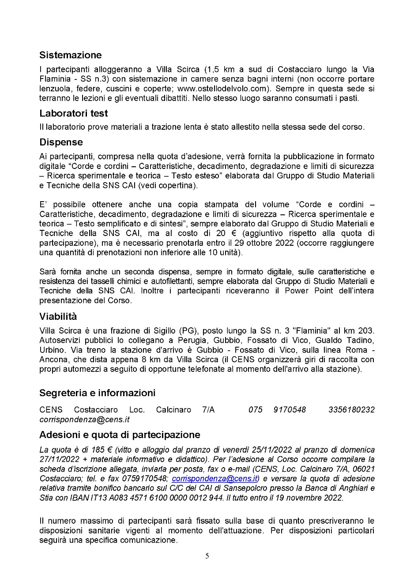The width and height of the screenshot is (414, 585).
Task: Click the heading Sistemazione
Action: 70,55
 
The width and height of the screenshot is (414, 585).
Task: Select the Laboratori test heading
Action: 73,113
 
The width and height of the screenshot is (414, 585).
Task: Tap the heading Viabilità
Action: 58,316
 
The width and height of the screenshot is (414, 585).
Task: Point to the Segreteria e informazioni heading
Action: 97,393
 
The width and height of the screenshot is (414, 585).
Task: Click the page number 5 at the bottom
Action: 207,556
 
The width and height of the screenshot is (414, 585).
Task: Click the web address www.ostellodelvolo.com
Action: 229,88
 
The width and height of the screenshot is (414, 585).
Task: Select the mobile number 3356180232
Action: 351,410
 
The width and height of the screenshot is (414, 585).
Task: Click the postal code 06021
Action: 365,469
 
